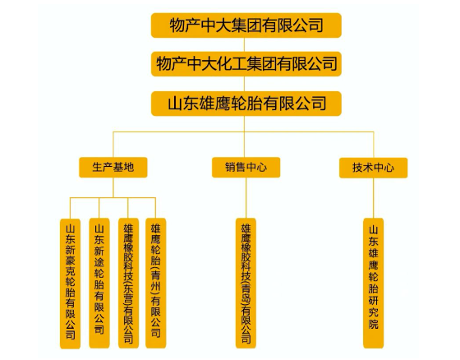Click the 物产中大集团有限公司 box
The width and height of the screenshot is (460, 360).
point(246,25)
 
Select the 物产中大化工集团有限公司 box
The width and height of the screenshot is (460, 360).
point(246,64)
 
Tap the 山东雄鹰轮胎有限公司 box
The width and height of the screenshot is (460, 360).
point(246,104)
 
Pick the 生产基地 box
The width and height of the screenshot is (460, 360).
point(113,168)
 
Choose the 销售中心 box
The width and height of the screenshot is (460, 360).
point(246,168)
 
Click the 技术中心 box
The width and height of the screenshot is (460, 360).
point(374,168)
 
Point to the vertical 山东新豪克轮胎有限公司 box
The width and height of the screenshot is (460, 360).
point(70,284)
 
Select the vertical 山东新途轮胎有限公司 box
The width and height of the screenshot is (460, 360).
point(99,283)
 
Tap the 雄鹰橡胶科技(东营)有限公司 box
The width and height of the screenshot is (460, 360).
point(128,283)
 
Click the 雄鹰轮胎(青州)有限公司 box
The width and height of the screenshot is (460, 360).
point(156,283)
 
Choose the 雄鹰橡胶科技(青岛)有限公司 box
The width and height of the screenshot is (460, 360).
point(246,283)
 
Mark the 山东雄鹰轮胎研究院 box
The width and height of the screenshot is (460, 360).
point(374,283)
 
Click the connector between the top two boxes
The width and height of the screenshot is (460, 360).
point(245,44)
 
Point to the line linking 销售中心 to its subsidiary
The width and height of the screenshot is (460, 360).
point(246,198)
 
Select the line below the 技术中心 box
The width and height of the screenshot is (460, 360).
point(374,198)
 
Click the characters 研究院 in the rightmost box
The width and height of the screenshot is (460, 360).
point(374,312)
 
